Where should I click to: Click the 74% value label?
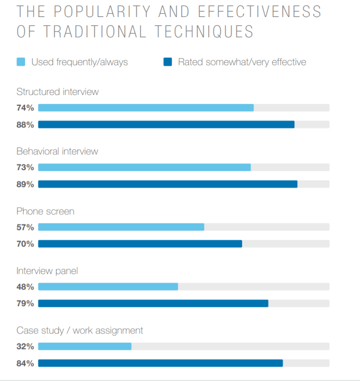[x=25, y=108]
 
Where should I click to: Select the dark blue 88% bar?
[x=166, y=125]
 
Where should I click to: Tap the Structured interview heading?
[x=58, y=92]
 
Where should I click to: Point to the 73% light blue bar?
[x=144, y=167]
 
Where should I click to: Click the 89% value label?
[x=25, y=184]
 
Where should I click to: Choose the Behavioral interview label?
[x=57, y=151]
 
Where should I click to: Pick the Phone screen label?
[x=45, y=211]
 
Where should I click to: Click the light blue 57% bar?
[x=121, y=227]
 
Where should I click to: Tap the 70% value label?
[x=25, y=244]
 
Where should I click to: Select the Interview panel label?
[x=47, y=271]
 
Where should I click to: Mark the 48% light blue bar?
[x=108, y=287]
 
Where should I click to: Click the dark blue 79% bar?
[x=153, y=304]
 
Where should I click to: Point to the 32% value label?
[x=25, y=347]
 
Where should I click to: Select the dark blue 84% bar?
[x=160, y=363]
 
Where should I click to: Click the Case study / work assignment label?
[x=80, y=330]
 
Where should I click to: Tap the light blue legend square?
[x=21, y=62]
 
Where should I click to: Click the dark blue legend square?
[x=167, y=62]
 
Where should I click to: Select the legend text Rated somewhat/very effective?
[x=242, y=62]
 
